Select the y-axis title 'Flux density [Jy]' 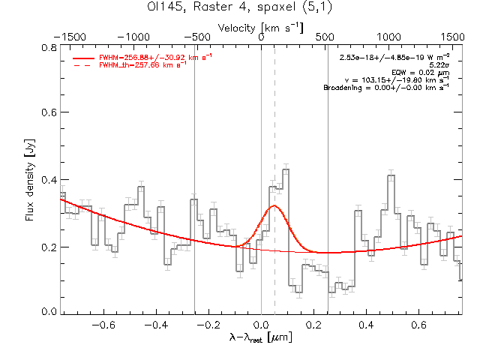pyautogui.click(x=30, y=180)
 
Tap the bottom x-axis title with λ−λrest pyautogui.click(x=261, y=338)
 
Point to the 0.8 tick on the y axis pyautogui.click(x=49, y=46)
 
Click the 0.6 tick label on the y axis pyautogui.click(x=49, y=113)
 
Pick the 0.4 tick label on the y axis pyautogui.click(x=49, y=180)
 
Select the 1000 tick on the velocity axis pyautogui.click(x=388, y=36)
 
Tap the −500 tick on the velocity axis pyautogui.click(x=197, y=36)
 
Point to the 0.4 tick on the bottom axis pyautogui.click(x=367, y=325)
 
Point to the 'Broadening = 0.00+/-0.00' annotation pyautogui.click(x=386, y=87)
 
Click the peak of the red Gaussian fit pyautogui.click(x=274, y=205)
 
